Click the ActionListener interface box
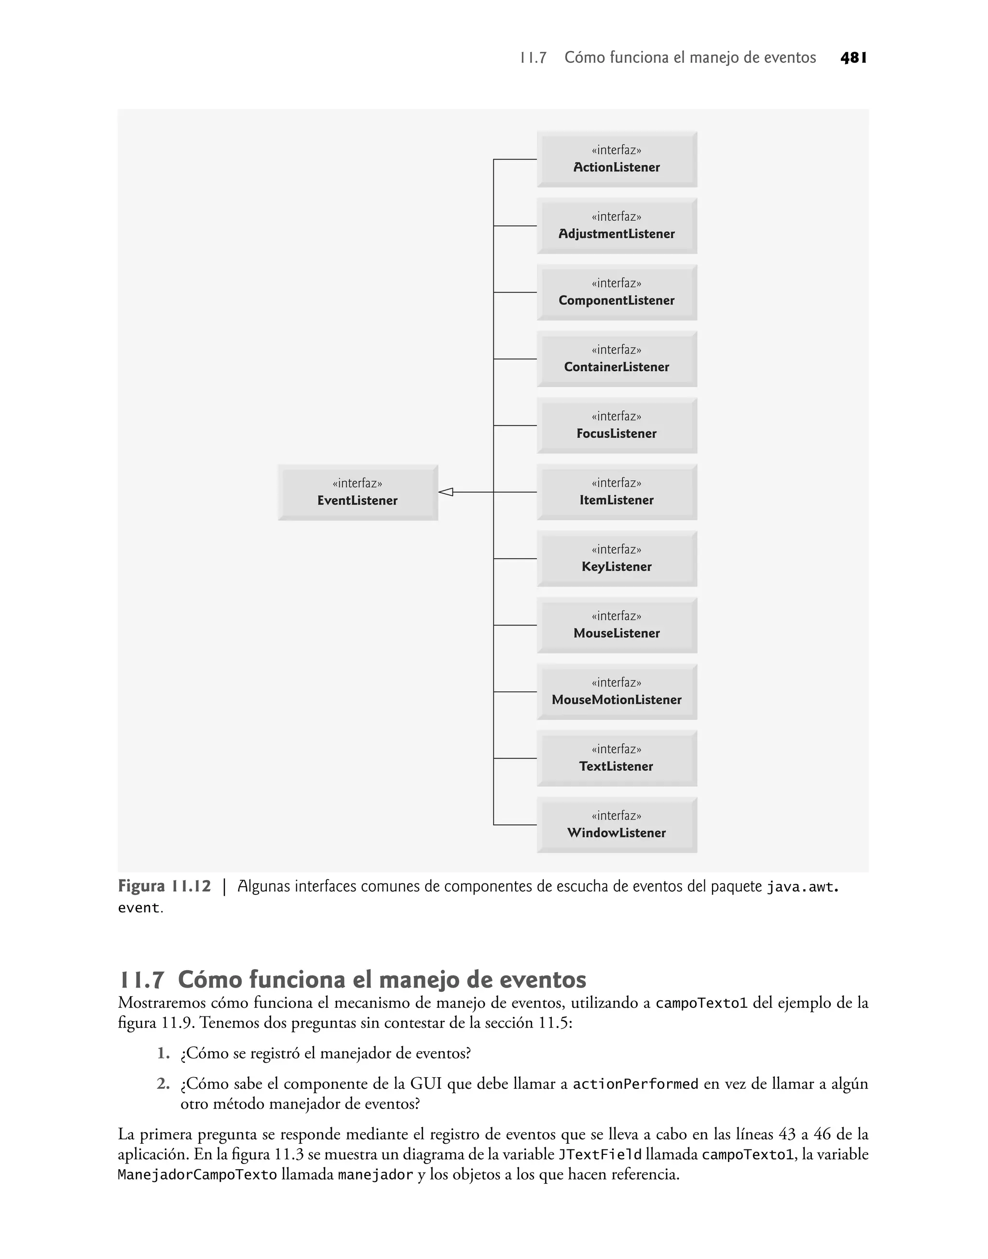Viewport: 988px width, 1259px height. (x=617, y=160)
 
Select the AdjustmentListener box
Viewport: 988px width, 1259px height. (x=617, y=226)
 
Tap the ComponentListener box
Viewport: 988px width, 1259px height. (x=617, y=293)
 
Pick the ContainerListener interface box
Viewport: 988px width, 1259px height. (x=617, y=359)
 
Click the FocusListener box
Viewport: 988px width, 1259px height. (x=617, y=425)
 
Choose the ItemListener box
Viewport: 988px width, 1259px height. (x=617, y=492)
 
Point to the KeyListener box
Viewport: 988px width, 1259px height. (x=617, y=558)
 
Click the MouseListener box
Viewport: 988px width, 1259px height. (x=617, y=625)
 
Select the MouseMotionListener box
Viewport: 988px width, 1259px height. (x=617, y=691)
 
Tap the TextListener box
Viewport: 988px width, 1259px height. (x=617, y=758)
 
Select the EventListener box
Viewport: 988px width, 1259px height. (x=357, y=492)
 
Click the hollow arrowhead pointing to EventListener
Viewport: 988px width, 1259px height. (x=445, y=492)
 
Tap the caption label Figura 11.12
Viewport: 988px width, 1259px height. (x=165, y=887)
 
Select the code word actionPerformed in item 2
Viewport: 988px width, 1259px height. (x=635, y=1084)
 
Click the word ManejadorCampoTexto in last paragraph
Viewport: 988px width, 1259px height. (x=197, y=1175)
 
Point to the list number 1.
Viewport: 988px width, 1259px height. (x=163, y=1053)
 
